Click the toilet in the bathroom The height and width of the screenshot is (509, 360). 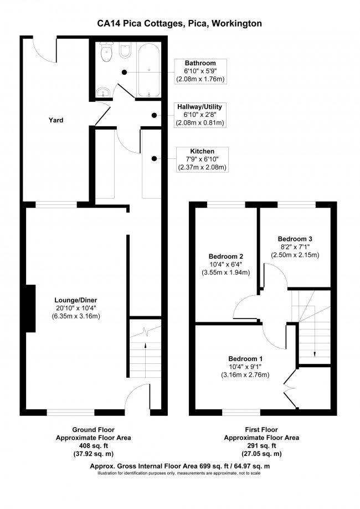click(x=106, y=53)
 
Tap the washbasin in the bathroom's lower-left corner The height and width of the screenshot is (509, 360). click(x=101, y=92)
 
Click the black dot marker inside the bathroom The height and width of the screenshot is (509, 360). click(x=125, y=71)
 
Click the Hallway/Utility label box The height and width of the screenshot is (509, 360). click(x=199, y=114)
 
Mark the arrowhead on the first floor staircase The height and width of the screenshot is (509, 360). click(x=315, y=356)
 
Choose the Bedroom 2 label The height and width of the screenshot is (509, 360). click(x=225, y=256)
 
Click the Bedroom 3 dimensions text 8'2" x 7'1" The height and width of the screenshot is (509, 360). click(x=295, y=247)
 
